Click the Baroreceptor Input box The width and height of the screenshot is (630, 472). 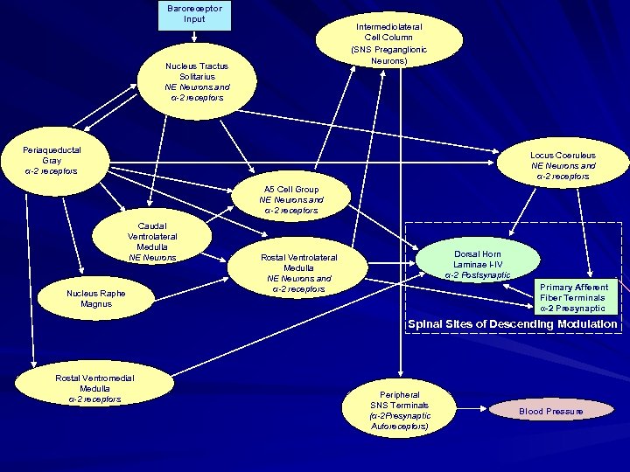pos(194,14)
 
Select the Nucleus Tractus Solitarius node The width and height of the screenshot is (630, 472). pos(196,81)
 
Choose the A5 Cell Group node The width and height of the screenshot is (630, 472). pos(290,199)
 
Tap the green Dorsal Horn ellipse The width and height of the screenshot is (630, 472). pos(477,265)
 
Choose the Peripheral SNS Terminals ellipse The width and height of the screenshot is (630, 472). pos(399,409)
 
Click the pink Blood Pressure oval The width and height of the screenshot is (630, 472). pos(551,410)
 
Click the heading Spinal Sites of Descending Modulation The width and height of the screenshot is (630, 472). pos(512,324)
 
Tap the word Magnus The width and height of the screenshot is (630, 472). pos(95,304)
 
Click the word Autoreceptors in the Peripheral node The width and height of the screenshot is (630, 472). pos(400,426)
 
